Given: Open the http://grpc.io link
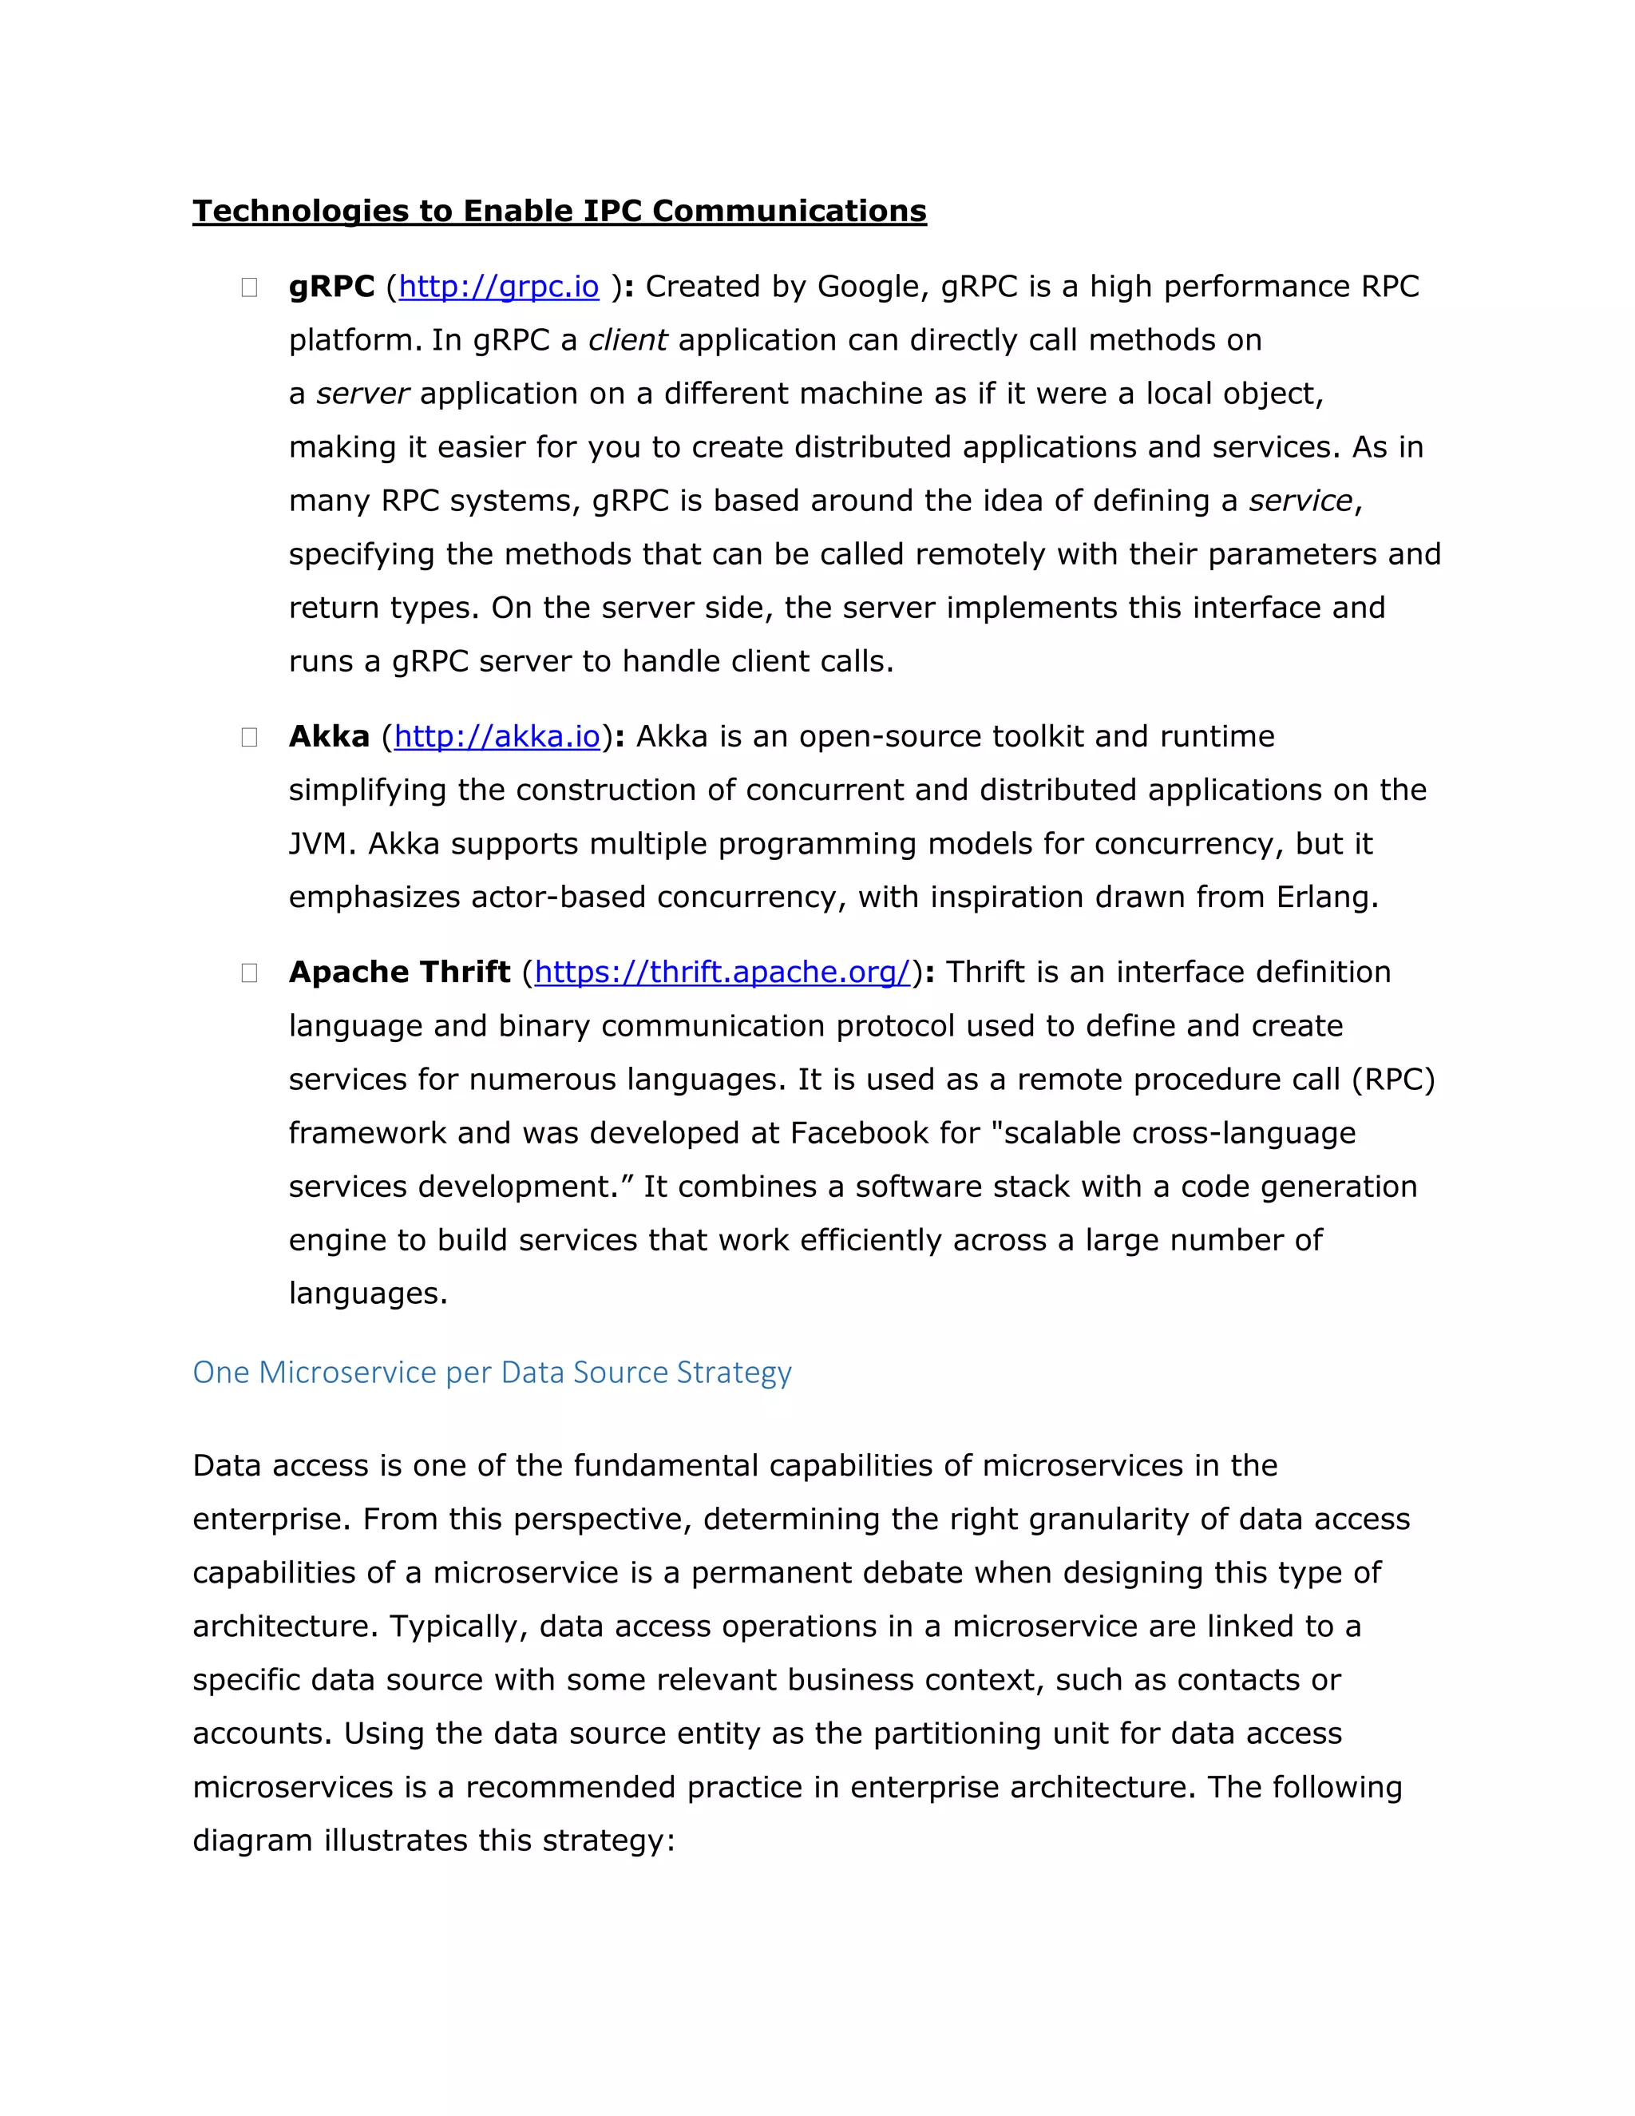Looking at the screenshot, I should click(x=499, y=287).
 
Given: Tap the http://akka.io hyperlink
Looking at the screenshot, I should click(x=497, y=736).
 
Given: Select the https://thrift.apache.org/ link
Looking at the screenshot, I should click(x=722, y=972).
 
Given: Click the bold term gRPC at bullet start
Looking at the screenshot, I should click(x=331, y=287).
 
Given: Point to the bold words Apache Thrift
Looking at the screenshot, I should click(x=399, y=972).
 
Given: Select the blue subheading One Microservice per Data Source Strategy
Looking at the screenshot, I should click(x=492, y=1372).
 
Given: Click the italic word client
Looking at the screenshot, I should click(x=627, y=340).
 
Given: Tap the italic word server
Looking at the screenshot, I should click(x=363, y=394).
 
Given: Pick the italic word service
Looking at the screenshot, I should click(x=1300, y=501).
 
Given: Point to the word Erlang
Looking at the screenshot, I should click(x=1325, y=898).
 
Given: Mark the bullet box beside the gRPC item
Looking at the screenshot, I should click(x=249, y=287).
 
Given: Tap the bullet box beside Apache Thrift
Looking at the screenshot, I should click(x=249, y=973).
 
